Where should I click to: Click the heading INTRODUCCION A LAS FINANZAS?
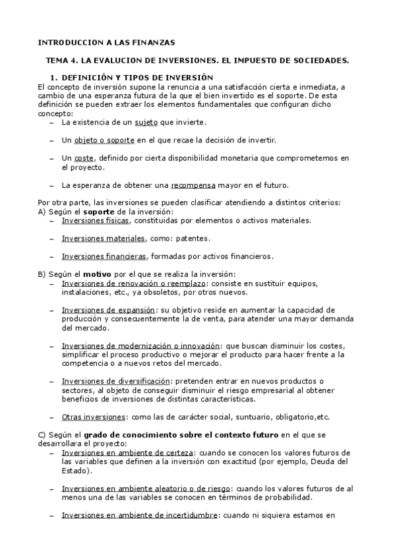[106, 42]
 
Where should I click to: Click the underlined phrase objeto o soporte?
[104, 140]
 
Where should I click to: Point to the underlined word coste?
[84, 158]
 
